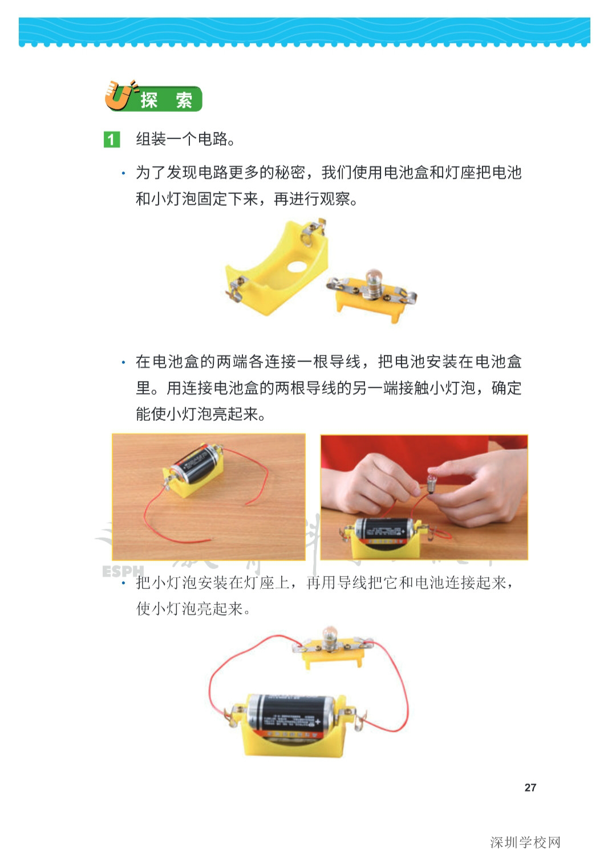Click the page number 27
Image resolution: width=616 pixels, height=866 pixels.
point(530,787)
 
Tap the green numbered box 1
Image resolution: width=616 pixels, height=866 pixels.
point(111,139)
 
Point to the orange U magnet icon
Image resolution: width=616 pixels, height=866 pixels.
point(119,96)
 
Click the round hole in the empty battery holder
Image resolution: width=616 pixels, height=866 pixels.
point(297,266)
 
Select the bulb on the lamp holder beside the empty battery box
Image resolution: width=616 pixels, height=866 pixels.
point(373,278)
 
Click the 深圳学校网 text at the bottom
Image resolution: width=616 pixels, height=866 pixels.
point(525,842)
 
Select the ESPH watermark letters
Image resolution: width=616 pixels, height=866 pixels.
point(123,571)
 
